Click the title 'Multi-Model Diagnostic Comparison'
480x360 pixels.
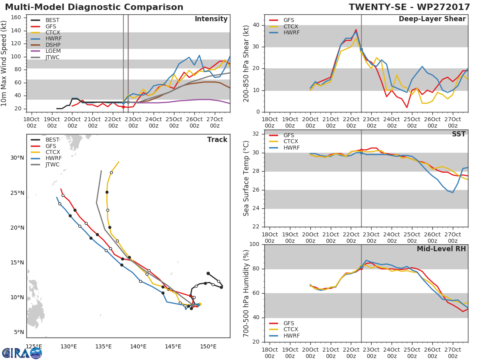point(94,7)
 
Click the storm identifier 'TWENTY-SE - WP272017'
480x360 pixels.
point(408,7)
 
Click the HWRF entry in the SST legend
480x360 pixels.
point(291,148)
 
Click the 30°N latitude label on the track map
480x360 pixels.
point(17,158)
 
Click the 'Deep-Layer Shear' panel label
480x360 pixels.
point(432,19)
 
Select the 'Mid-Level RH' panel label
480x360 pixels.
point(441,249)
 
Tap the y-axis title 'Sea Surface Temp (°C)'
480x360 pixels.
point(246,178)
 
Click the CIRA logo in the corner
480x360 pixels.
point(22,353)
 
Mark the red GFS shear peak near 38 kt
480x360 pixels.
point(356,30)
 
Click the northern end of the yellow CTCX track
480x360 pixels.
point(119,162)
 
